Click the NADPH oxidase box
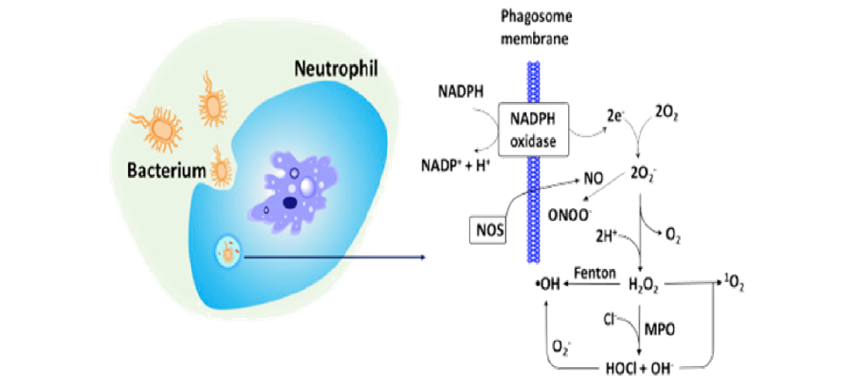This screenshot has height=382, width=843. coord(533,130)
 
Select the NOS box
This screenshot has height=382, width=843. coord(488,230)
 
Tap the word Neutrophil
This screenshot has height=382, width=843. coord(336,68)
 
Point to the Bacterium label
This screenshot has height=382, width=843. coord(166,170)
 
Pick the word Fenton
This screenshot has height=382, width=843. coord(594,273)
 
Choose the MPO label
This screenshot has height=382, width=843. coord(659,329)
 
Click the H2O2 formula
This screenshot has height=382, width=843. coord(643,285)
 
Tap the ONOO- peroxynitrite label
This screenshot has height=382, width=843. coord(569,215)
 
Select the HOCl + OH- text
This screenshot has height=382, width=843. coord(639,369)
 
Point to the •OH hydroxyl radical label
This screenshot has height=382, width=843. coord(548,284)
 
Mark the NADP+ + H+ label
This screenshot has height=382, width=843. coord(455,165)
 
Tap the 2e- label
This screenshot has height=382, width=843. coord(615,116)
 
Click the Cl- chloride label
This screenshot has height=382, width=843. coord(609,319)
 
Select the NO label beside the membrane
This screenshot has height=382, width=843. coord(593,178)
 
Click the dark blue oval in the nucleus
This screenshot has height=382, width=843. coord(290,203)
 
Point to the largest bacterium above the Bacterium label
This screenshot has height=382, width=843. coord(161,129)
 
